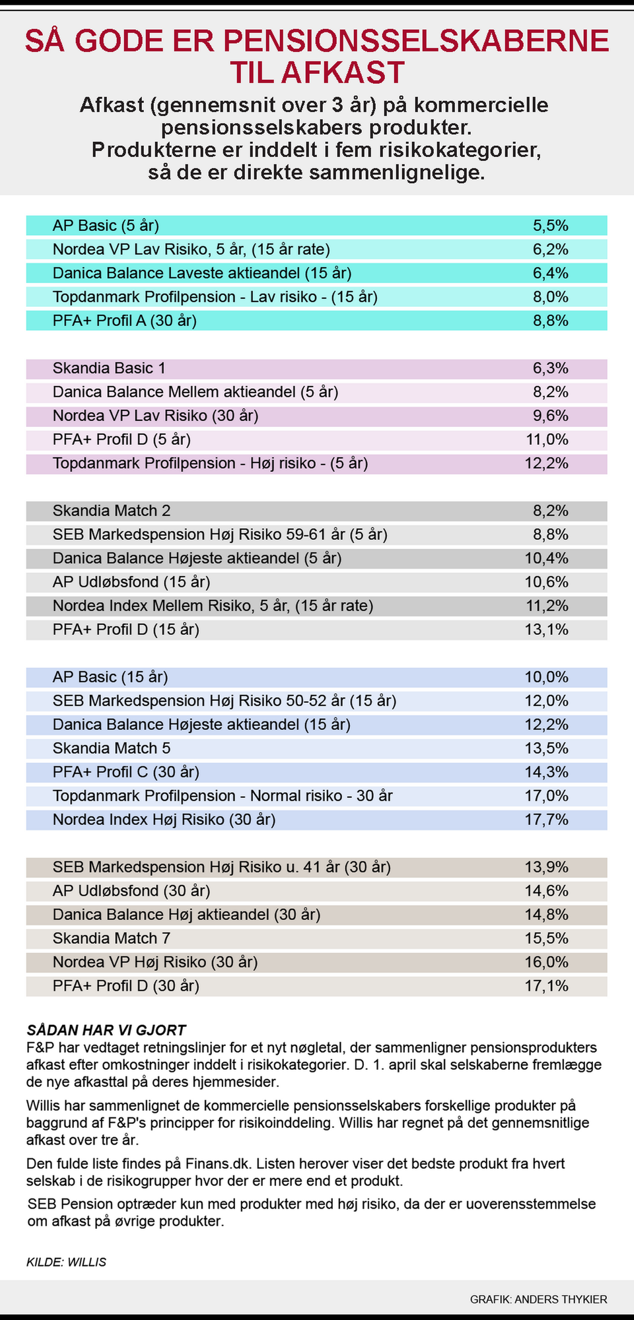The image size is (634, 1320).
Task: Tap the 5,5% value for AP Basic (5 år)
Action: coord(550,226)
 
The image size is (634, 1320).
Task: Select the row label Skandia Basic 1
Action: coord(109,368)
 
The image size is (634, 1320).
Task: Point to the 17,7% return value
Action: coord(546,820)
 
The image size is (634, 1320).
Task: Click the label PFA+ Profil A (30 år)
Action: coord(125,321)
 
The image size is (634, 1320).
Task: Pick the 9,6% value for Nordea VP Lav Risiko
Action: coord(550,416)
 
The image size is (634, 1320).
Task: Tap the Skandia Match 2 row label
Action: coord(112,511)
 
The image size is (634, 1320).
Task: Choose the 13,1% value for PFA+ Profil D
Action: coord(546,630)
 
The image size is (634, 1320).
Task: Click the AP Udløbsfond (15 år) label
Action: coord(131,582)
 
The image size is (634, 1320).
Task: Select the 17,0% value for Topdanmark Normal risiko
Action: coord(546,796)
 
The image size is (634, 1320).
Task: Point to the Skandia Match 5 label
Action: coord(112,748)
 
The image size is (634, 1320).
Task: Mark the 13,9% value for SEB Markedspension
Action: coord(546,867)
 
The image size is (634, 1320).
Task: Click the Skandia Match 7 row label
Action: coord(112,939)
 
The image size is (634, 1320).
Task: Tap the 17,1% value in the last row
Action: coord(546,986)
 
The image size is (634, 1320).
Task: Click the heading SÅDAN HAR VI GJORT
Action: coord(106,1030)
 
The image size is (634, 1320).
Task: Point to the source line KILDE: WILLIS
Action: coord(66,1262)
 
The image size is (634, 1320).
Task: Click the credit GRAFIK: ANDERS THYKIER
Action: coord(538,1299)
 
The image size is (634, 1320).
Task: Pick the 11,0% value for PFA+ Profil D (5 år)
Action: coord(546,440)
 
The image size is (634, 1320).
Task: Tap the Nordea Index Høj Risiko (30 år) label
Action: coord(164,820)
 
